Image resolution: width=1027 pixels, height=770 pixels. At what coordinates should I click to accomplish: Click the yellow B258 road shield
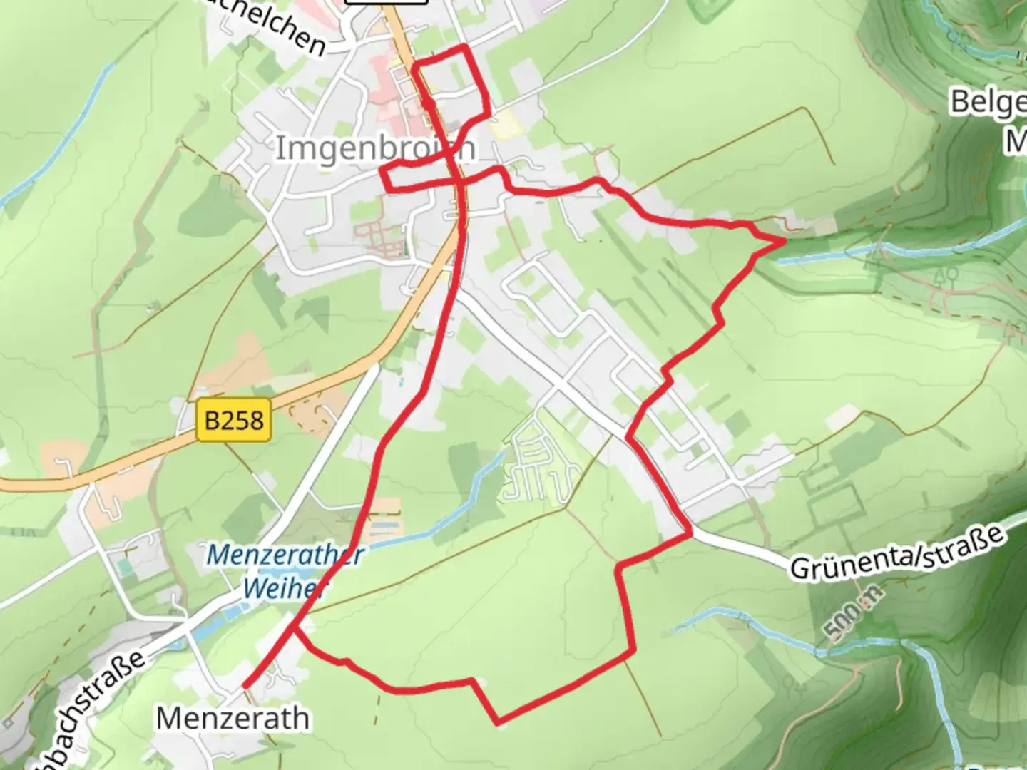(234, 420)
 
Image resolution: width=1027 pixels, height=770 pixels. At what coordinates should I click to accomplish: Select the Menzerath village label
(233, 718)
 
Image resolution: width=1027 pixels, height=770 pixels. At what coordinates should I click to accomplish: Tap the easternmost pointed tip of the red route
(785, 242)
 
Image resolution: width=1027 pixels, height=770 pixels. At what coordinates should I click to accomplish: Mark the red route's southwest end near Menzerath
(245, 686)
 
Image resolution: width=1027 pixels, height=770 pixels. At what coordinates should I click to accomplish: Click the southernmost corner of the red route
(498, 723)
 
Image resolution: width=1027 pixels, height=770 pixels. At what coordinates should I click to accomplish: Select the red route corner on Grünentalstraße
(690, 532)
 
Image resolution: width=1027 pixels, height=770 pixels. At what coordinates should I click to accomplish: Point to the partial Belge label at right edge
(988, 103)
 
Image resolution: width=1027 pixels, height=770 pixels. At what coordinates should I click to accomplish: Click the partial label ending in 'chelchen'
(285, 29)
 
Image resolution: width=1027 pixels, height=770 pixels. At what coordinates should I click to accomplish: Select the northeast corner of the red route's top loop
(466, 47)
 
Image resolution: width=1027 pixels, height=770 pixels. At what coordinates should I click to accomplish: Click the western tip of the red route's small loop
(382, 172)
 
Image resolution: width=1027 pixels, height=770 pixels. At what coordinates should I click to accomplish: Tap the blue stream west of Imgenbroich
(57, 135)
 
